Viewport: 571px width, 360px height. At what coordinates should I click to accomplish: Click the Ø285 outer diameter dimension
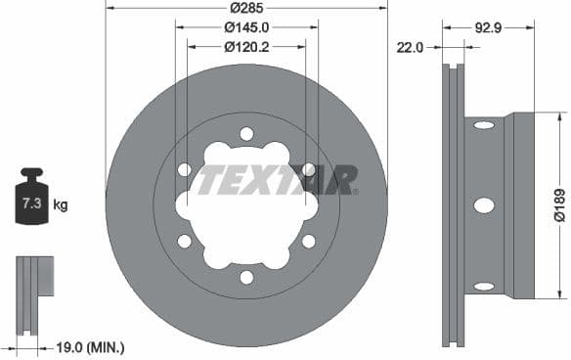tap(245, 8)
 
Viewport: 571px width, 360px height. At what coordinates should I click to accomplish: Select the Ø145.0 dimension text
tap(246, 26)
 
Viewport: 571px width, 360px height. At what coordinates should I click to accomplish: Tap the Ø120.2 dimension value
tap(246, 45)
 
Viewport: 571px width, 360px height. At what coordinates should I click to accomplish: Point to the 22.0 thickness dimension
tap(411, 45)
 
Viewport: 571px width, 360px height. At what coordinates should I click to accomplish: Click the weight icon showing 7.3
tap(31, 202)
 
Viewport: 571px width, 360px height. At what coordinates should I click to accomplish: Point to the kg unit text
tap(61, 205)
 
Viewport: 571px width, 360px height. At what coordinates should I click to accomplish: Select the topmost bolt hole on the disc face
tap(246, 134)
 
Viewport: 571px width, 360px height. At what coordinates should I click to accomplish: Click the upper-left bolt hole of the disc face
tap(184, 170)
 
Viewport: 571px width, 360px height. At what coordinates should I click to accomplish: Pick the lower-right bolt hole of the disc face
tap(309, 241)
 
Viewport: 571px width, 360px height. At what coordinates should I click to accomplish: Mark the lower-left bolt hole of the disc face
tap(184, 241)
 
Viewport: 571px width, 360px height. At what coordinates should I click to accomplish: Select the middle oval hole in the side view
tap(484, 205)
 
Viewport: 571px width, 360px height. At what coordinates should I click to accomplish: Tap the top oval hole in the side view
tap(484, 124)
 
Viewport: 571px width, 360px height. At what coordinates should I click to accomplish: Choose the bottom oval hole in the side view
tap(484, 287)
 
